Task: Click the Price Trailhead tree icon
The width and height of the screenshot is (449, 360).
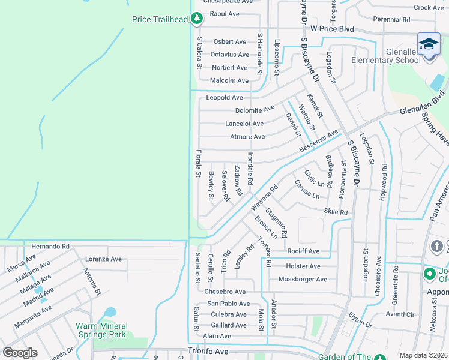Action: [x=196, y=19]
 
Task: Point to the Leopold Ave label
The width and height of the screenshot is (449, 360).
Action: [x=224, y=97]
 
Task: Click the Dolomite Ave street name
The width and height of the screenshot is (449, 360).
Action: [x=255, y=110]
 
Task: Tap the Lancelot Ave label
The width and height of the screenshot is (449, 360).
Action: [x=244, y=124]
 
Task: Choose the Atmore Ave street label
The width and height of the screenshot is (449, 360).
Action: [x=247, y=137]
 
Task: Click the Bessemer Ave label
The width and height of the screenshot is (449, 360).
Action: [x=319, y=140]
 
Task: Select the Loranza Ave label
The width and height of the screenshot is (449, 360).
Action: [x=103, y=259]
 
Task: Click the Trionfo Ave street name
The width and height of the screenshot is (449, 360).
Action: [x=208, y=351]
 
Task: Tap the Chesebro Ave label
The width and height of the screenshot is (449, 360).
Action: [x=225, y=292]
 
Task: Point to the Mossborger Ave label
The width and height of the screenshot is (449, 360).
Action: [x=303, y=279]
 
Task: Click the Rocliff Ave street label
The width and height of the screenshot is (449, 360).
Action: [x=303, y=251]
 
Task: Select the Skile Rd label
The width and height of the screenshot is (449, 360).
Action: [x=336, y=212]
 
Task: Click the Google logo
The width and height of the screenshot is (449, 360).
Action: [x=20, y=353]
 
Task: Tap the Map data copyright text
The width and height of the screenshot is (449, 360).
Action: [x=424, y=355]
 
